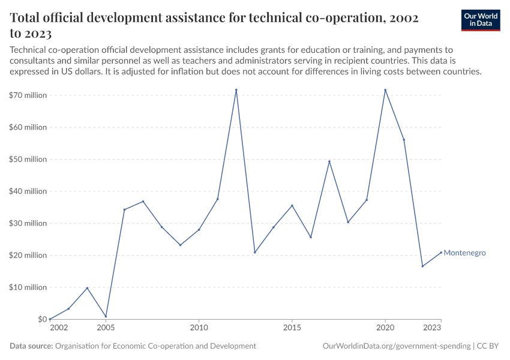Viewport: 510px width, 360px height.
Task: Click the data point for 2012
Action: point(236,90)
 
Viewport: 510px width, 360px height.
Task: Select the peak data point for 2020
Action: point(385,90)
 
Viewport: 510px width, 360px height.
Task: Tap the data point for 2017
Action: point(329,161)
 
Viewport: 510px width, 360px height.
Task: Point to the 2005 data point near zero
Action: point(106,317)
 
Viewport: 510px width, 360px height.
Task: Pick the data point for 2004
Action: point(87,288)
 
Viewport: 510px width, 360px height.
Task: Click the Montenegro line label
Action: point(464,253)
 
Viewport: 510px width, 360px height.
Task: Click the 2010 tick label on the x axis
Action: point(199,328)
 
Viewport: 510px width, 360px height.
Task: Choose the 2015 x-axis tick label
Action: point(292,328)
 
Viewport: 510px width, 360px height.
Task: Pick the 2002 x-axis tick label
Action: point(59,328)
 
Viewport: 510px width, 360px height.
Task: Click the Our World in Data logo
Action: point(481,20)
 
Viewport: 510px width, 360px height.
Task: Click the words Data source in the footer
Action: point(31,346)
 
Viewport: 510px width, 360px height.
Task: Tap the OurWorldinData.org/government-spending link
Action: point(396,346)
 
